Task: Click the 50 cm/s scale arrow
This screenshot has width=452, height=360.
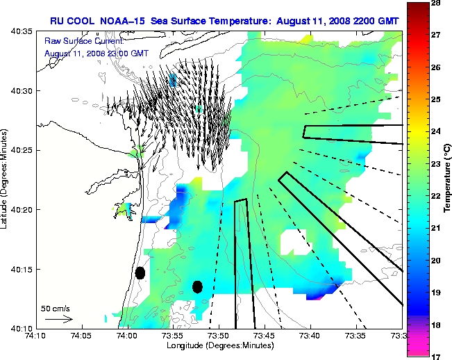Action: tap(58, 319)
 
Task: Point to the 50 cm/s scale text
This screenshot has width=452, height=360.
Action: tap(56, 309)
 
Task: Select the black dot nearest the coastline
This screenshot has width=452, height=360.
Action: tap(140, 272)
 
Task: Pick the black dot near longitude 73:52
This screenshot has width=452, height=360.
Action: tap(197, 286)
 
